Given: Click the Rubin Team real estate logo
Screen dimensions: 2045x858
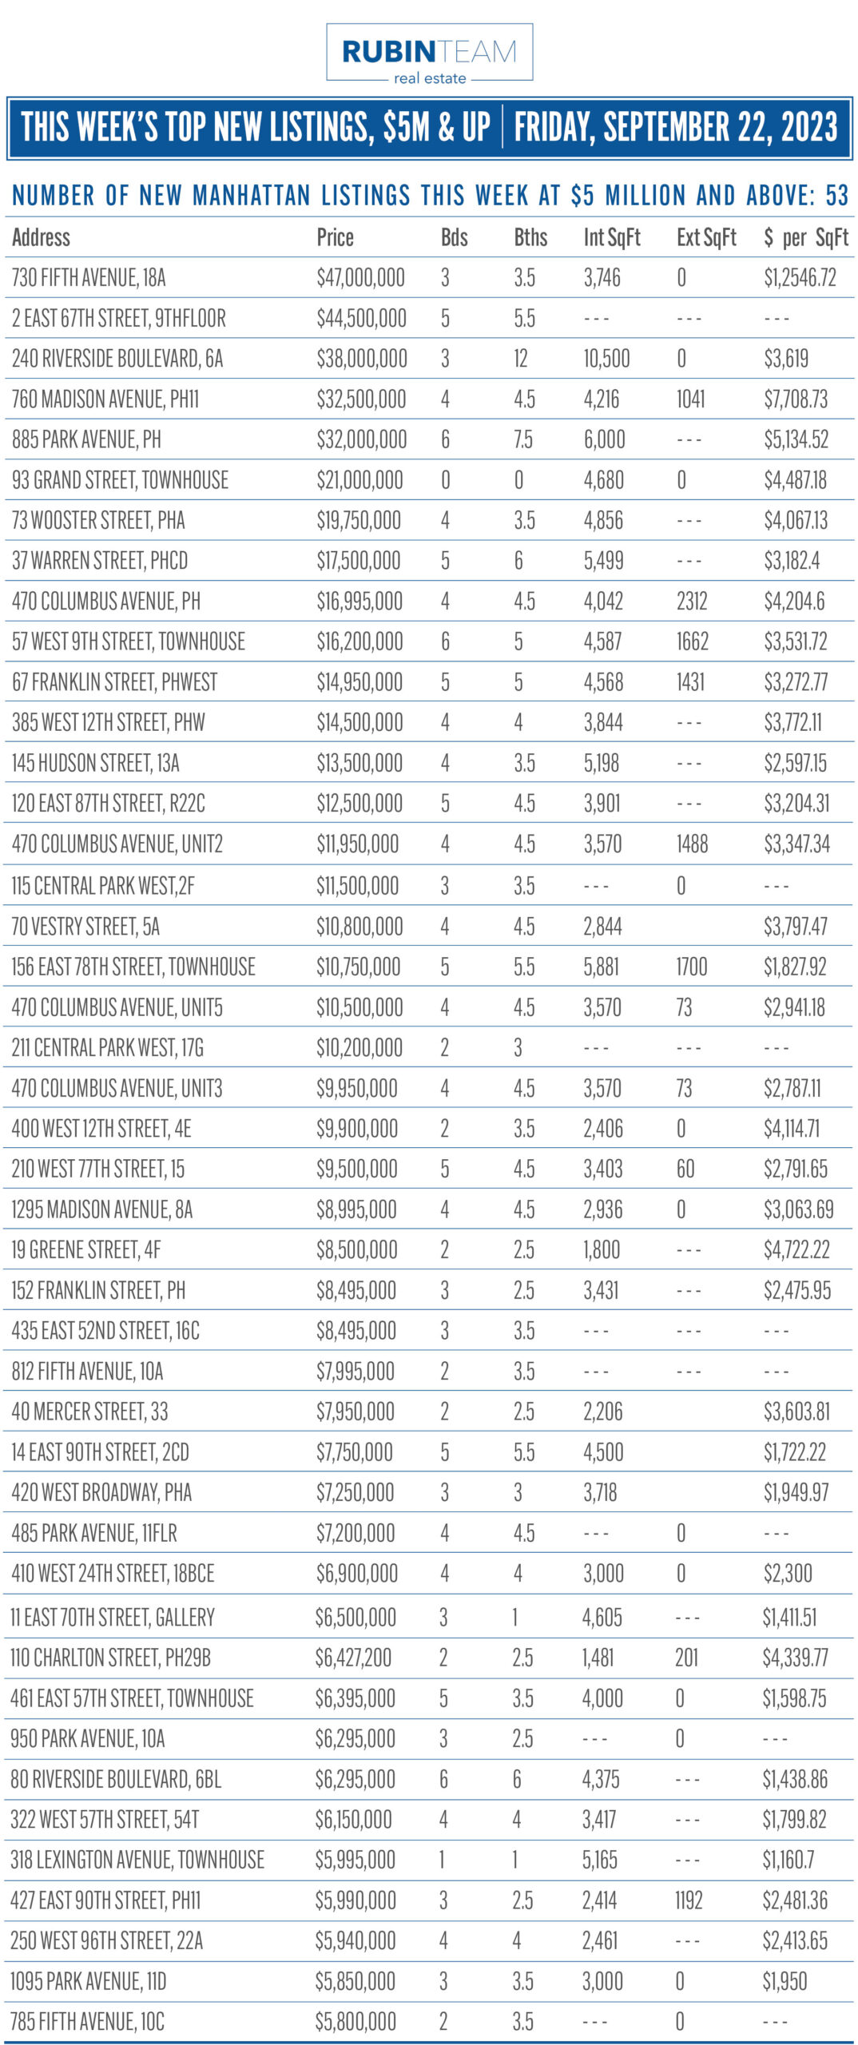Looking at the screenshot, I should [x=429, y=53].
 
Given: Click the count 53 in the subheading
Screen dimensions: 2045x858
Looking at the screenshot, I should [x=836, y=195].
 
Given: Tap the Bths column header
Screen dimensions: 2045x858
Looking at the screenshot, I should [x=530, y=237].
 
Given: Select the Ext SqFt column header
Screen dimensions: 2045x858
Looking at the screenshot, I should [x=706, y=237].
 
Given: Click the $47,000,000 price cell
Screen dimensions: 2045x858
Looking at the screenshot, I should [x=360, y=278].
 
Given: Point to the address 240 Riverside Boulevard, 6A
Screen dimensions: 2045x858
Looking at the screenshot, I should [x=117, y=359].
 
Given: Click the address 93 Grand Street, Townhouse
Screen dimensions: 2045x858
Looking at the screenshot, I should [x=120, y=480].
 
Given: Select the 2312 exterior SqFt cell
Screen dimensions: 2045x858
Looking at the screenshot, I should [x=692, y=602].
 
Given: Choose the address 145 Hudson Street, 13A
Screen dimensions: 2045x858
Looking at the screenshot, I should [x=95, y=763].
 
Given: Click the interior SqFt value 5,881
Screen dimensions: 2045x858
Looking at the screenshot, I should [x=602, y=967].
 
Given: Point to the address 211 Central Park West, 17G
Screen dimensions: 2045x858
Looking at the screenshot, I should [x=107, y=1047].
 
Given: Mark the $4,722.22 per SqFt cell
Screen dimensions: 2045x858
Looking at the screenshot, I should [x=796, y=1249].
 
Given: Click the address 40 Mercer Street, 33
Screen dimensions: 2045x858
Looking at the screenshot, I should [x=89, y=1412].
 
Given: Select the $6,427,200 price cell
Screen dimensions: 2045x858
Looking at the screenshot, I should [x=353, y=1658].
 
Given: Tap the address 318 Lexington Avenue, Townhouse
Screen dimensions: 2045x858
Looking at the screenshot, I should [x=137, y=1860].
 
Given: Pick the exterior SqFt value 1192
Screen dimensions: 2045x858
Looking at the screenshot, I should [x=689, y=1900].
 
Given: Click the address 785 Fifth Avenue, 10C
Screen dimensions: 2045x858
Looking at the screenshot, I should [x=87, y=2022].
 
